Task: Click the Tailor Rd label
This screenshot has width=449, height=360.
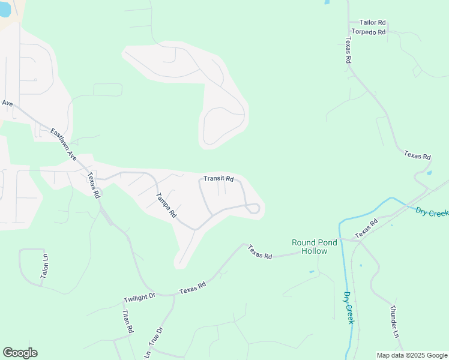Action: coord(372,22)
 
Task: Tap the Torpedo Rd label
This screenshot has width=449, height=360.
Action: coord(369,32)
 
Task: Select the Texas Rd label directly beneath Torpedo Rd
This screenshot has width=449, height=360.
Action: coord(348,50)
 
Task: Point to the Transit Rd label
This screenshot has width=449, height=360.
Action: coord(218,178)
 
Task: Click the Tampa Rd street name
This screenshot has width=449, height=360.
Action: coord(166,205)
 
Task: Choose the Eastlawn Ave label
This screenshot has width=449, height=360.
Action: coord(64,145)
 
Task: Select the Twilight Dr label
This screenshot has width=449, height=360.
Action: coord(139,297)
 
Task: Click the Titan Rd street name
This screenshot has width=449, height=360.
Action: coord(127,322)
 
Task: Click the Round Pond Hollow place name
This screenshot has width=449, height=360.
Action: coord(318,247)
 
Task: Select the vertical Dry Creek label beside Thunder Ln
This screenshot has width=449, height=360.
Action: coord(349,308)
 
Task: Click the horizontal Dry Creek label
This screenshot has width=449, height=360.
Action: coord(432,212)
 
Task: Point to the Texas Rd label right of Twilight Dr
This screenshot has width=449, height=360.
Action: coord(192,288)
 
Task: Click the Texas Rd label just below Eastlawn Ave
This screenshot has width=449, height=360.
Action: coord(93,185)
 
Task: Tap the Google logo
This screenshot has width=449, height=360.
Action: coord(20,353)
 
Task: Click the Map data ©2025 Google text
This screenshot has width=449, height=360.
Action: coord(412,355)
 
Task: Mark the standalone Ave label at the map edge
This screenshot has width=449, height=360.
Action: coord(7,103)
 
